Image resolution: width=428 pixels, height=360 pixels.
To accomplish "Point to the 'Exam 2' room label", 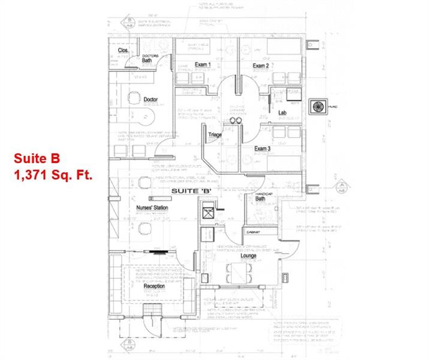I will [260, 65].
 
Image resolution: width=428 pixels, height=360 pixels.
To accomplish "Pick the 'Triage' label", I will [215, 135].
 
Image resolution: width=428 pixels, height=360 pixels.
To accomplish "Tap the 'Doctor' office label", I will [151, 99].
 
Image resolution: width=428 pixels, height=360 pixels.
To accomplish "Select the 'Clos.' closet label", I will [123, 50].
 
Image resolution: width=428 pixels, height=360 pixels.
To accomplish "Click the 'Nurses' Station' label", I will [147, 208].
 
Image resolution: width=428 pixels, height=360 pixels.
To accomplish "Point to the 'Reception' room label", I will [154, 287].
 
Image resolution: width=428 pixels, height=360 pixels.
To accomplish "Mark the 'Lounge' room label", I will [249, 256].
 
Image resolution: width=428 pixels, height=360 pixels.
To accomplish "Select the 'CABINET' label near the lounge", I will [251, 231].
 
